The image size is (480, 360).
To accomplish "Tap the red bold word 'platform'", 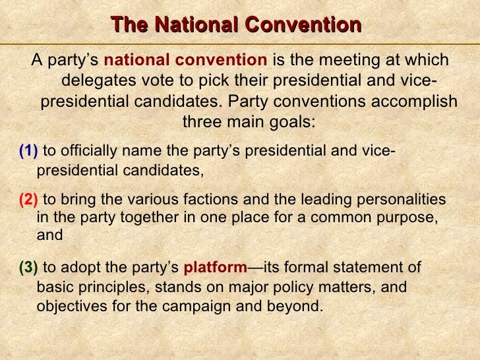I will (x=214, y=268).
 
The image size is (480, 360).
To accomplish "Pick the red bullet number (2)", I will (x=28, y=200).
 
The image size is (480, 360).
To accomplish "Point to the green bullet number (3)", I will (x=28, y=268).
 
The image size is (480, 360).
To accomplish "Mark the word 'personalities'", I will (x=405, y=200).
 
